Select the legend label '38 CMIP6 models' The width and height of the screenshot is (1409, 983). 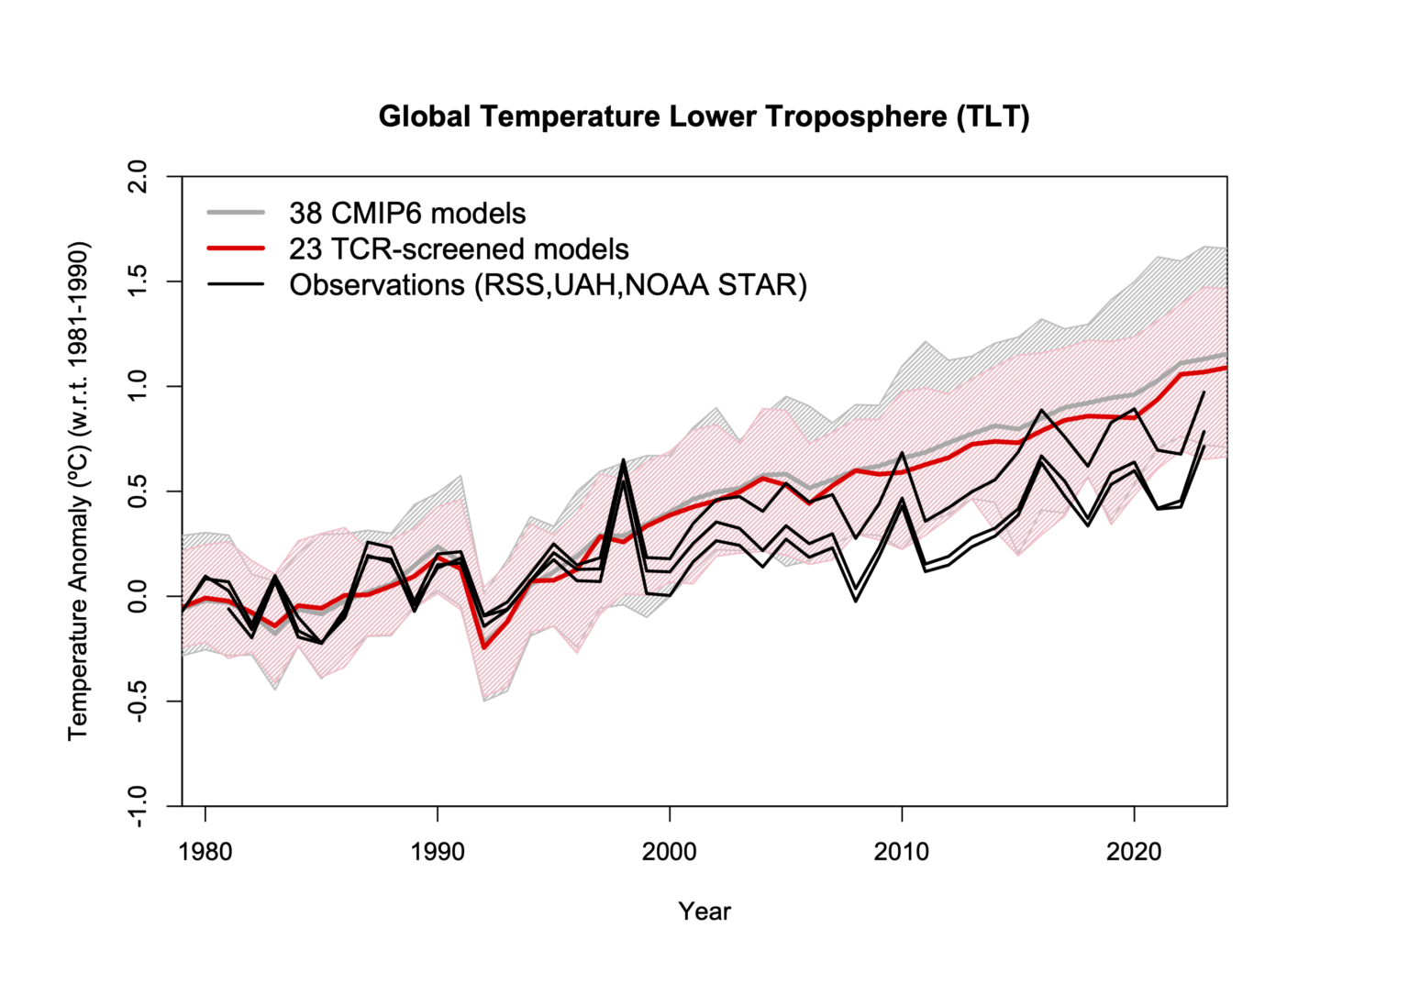point(407,214)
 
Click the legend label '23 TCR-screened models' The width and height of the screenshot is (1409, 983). point(459,249)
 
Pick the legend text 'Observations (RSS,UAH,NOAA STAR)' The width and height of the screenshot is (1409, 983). point(548,285)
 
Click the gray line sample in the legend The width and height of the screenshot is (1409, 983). point(236,213)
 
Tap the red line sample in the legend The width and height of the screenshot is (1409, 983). point(236,249)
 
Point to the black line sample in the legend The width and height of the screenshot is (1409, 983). point(236,284)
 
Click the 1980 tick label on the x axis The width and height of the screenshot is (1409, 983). point(205,852)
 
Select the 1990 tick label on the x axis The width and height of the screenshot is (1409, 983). point(438,852)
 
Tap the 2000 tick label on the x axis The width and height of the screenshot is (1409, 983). point(670,852)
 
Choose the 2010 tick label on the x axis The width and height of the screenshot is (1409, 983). point(902,852)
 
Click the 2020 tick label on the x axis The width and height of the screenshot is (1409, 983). point(1135,852)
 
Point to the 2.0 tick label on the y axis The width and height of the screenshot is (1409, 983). point(137,176)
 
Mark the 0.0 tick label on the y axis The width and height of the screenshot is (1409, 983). point(137,596)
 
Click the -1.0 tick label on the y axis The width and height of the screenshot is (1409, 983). point(137,805)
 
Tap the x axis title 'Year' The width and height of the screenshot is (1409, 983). point(704,911)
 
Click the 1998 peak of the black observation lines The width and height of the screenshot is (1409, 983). point(624,461)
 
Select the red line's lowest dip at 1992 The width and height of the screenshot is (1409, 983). point(484,647)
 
